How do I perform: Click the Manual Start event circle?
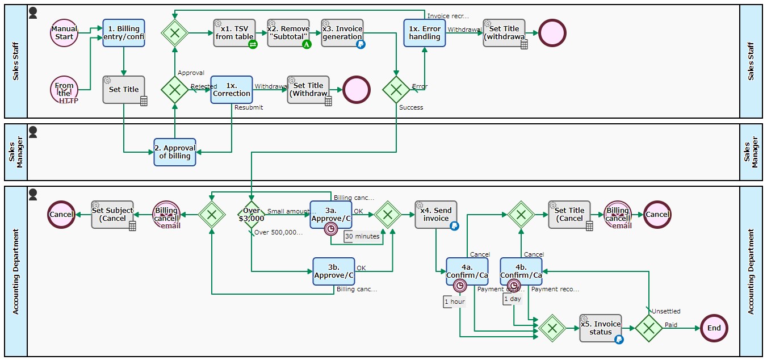pyautogui.click(x=64, y=33)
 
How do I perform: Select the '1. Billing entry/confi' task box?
pyautogui.click(x=124, y=33)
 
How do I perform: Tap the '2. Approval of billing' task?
pyautogui.click(x=175, y=152)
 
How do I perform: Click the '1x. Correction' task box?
pyautogui.click(x=231, y=90)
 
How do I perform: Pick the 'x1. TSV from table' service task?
pyautogui.click(x=234, y=33)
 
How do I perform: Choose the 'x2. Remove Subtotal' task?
pyautogui.click(x=288, y=33)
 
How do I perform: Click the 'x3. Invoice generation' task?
pyautogui.click(x=342, y=33)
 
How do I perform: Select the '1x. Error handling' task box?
pyautogui.click(x=425, y=33)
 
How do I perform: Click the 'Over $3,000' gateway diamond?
pyautogui.click(x=252, y=215)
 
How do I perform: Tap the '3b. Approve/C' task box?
pyautogui.click(x=334, y=271)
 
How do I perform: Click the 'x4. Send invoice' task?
pyautogui.click(x=435, y=215)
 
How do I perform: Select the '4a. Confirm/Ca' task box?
pyautogui.click(x=467, y=271)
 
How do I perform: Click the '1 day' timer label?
pyautogui.click(x=512, y=299)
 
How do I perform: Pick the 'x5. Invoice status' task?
pyautogui.click(x=601, y=328)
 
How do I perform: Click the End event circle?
pyautogui.click(x=714, y=328)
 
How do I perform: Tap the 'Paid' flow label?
pyautogui.click(x=671, y=325)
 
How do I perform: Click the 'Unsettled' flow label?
pyautogui.click(x=665, y=311)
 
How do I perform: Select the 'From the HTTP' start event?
pyautogui.click(x=64, y=90)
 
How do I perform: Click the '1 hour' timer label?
pyautogui.click(x=455, y=302)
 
